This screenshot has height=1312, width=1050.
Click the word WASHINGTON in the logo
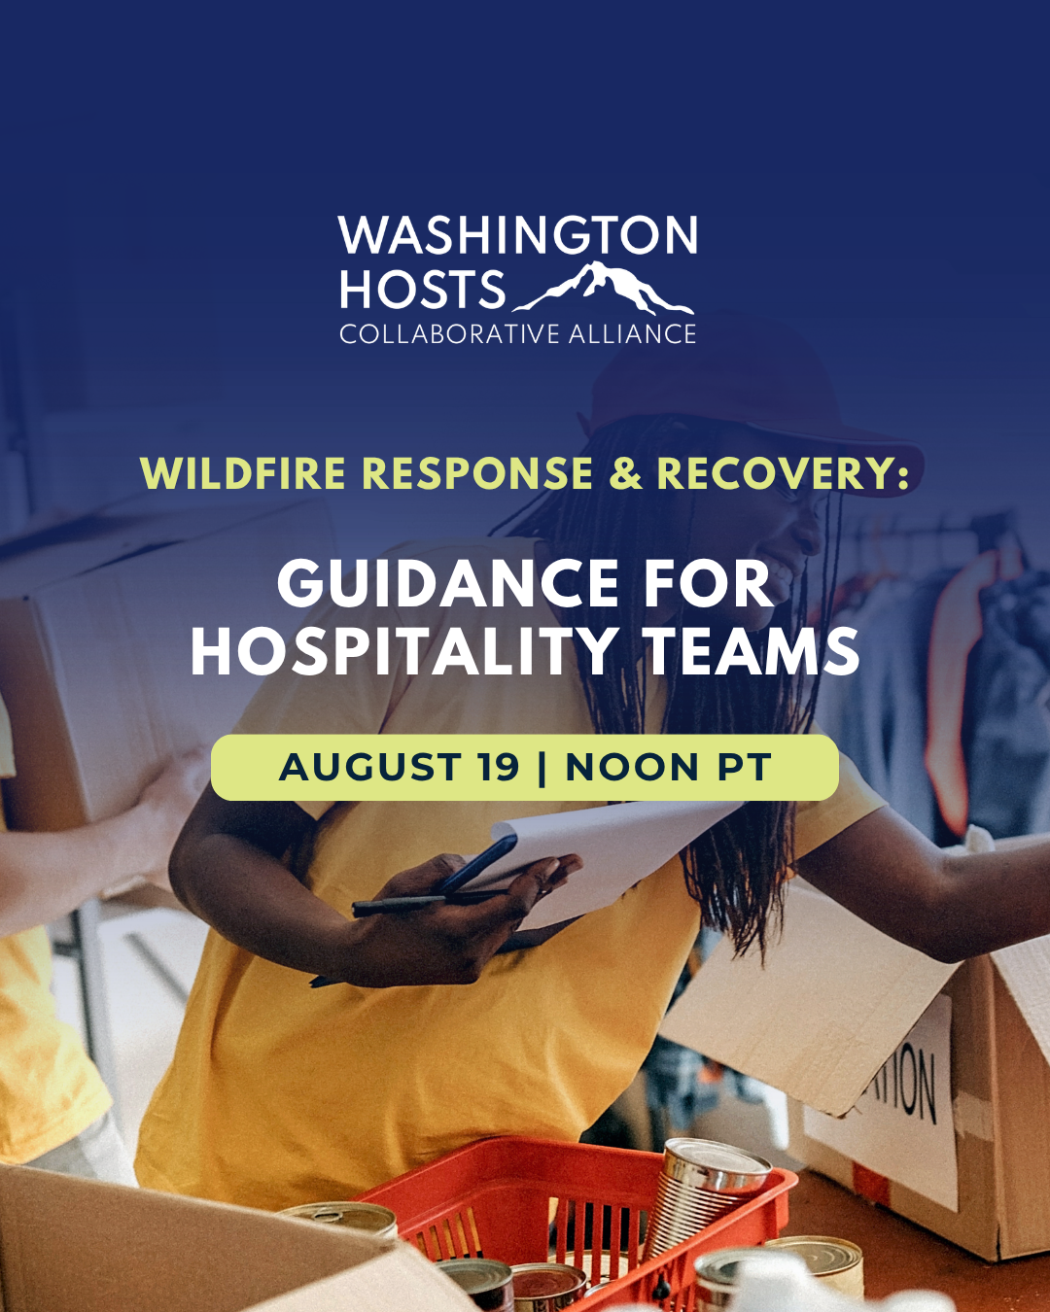pos(518,235)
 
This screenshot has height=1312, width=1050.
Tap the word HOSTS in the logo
pos(422,289)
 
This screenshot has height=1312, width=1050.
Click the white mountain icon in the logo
pos(604,288)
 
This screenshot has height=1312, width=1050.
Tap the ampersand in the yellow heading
pos(625,472)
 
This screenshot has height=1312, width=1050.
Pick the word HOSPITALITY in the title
pos(402,652)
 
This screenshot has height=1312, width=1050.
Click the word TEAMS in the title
pos(752,652)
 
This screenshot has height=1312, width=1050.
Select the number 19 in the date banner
pos(499,767)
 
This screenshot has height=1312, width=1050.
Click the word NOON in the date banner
pos(632,767)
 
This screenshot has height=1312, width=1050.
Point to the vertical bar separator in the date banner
pos(542,768)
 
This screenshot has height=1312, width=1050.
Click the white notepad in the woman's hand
pos(598,853)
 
